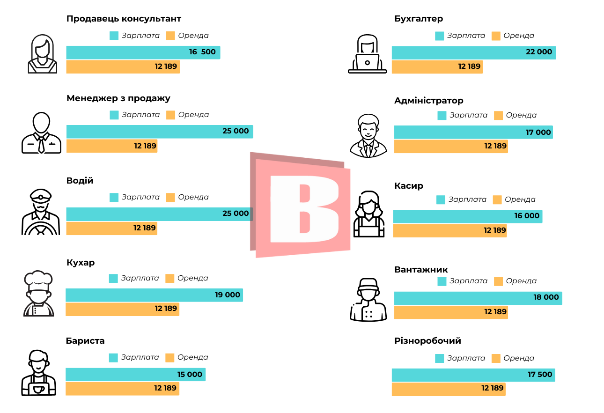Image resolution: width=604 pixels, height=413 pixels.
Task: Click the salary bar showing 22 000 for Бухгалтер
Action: pyautogui.click(x=473, y=52)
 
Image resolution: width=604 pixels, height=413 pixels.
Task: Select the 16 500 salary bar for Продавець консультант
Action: pyautogui.click(x=143, y=52)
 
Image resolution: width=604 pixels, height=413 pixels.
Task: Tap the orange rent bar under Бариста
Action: pyautogui.click(x=122, y=389)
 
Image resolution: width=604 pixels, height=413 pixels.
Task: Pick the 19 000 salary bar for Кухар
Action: pyautogui.click(x=154, y=295)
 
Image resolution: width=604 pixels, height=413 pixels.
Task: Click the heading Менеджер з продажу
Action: pyautogui.click(x=118, y=98)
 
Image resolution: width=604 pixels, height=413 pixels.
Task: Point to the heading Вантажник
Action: pyautogui.click(x=421, y=270)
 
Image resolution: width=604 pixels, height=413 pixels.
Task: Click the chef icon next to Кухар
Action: pyautogui.click(x=38, y=294)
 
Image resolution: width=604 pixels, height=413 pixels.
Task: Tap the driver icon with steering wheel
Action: pyautogui.click(x=41, y=212)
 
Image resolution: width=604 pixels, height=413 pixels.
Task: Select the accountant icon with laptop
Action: pyautogui.click(x=368, y=54)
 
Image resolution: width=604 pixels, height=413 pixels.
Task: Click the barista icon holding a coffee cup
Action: pyautogui.click(x=38, y=373)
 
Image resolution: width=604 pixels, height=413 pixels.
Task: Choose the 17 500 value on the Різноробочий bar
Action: pyautogui.click(x=540, y=375)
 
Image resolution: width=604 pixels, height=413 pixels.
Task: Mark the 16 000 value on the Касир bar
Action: pyautogui.click(x=527, y=216)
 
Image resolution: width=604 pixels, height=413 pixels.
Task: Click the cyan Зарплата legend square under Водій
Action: pyautogui.click(x=114, y=198)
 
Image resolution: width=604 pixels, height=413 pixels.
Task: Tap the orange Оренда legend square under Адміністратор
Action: pyautogui.click(x=498, y=116)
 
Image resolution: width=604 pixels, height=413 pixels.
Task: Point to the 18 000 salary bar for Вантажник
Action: pyautogui.click(x=478, y=298)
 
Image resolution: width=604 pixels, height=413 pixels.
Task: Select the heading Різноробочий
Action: pyautogui.click(x=427, y=341)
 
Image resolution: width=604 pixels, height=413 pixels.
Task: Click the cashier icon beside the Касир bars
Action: pyautogui.click(x=369, y=214)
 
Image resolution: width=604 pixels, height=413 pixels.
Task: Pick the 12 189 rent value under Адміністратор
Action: pyautogui.click(x=495, y=146)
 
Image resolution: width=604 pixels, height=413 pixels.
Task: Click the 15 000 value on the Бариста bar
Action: pyautogui.click(x=190, y=375)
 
